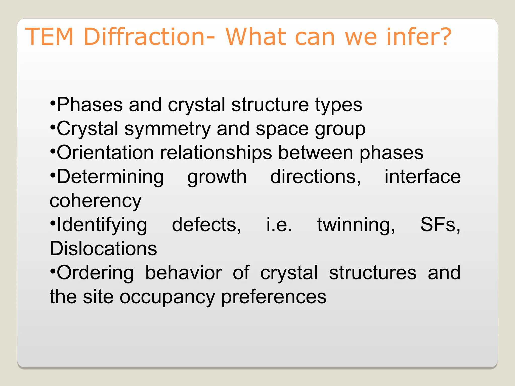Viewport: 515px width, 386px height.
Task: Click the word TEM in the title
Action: point(49,37)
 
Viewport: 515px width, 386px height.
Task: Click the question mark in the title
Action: point(444,37)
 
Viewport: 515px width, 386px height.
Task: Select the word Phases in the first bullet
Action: point(90,105)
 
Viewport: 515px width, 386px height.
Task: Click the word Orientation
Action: point(105,153)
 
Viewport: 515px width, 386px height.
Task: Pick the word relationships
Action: point(216,153)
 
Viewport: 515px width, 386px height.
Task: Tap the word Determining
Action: point(110,177)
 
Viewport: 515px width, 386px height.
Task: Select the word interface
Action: point(422,177)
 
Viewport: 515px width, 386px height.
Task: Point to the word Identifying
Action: point(102,225)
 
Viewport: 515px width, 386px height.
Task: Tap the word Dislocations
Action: point(103,249)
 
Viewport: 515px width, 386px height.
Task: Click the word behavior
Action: point(184,273)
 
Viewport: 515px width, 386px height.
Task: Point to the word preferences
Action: point(274,297)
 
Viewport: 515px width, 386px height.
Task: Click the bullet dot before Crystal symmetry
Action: point(53,127)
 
